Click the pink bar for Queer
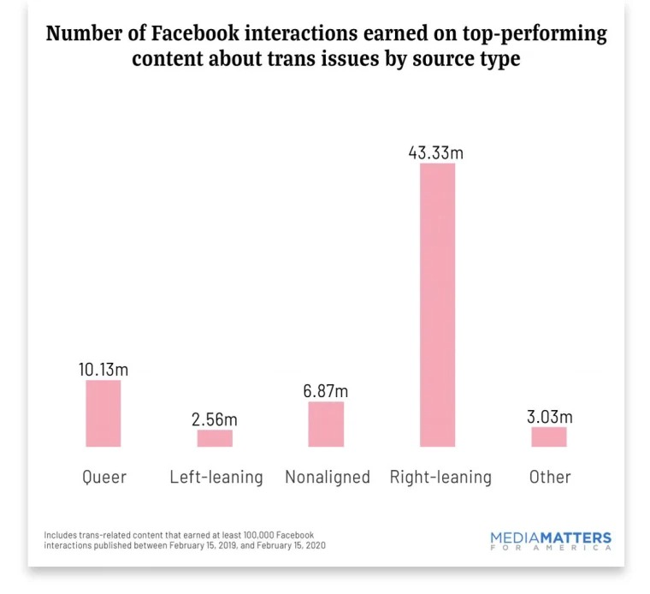pyautogui.click(x=103, y=413)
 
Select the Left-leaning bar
pyautogui.click(x=215, y=438)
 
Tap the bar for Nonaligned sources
pyautogui.click(x=326, y=425)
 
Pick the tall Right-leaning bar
pyautogui.click(x=437, y=305)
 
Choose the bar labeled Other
pyautogui.click(x=548, y=437)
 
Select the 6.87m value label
pyautogui.click(x=326, y=390)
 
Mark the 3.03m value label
pyautogui.click(x=548, y=417)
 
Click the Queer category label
pyautogui.click(x=104, y=477)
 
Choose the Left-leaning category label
pyautogui.click(x=216, y=477)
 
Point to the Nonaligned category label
pyautogui.click(x=327, y=477)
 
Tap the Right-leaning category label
pyautogui.click(x=440, y=477)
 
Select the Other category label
pyautogui.click(x=549, y=477)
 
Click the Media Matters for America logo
pyautogui.click(x=551, y=541)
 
